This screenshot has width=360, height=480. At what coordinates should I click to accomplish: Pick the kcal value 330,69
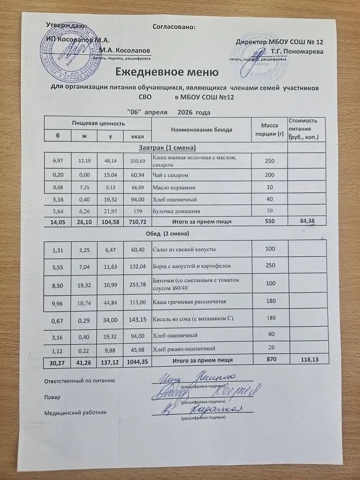[x=137, y=159]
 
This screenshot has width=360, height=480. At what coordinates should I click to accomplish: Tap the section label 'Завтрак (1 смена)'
[x=168, y=146]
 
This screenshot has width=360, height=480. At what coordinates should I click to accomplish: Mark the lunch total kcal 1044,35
[x=135, y=360]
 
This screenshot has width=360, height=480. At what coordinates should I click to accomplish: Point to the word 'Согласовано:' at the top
[x=174, y=27]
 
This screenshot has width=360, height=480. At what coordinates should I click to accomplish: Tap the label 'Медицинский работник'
[x=76, y=412]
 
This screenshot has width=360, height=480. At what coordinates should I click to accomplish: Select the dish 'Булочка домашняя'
[x=173, y=211]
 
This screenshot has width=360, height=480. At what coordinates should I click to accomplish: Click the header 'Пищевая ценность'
[x=98, y=123]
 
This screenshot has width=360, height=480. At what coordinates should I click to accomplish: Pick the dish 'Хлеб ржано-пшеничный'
[x=183, y=348]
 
